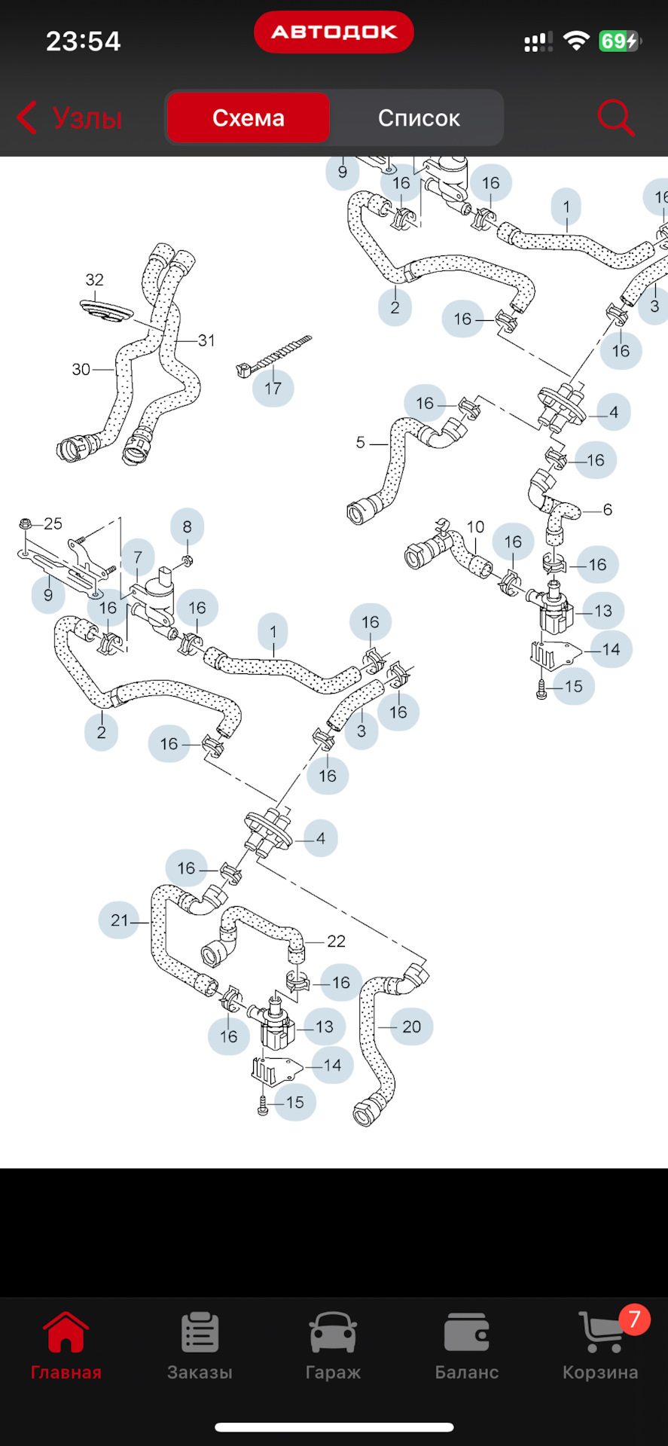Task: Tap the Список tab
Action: [x=418, y=118]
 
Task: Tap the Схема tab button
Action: [x=248, y=118]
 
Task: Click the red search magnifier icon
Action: [x=615, y=118]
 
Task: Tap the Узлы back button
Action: [x=69, y=118]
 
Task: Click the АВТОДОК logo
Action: [x=334, y=32]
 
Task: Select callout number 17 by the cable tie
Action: [x=273, y=388]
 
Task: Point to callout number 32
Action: [x=94, y=279]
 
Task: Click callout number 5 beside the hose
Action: [x=360, y=442]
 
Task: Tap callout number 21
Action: [x=119, y=920]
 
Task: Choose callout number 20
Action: [x=411, y=1026]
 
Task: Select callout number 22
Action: [x=336, y=941]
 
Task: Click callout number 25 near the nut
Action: [x=53, y=523]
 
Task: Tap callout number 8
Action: [x=187, y=527]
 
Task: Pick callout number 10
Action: [x=475, y=526]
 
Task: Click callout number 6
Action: [x=607, y=510]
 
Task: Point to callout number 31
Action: [x=206, y=340]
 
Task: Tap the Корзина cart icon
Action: [x=600, y=1334]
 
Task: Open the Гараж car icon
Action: [x=333, y=1334]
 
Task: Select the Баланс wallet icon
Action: [x=466, y=1334]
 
